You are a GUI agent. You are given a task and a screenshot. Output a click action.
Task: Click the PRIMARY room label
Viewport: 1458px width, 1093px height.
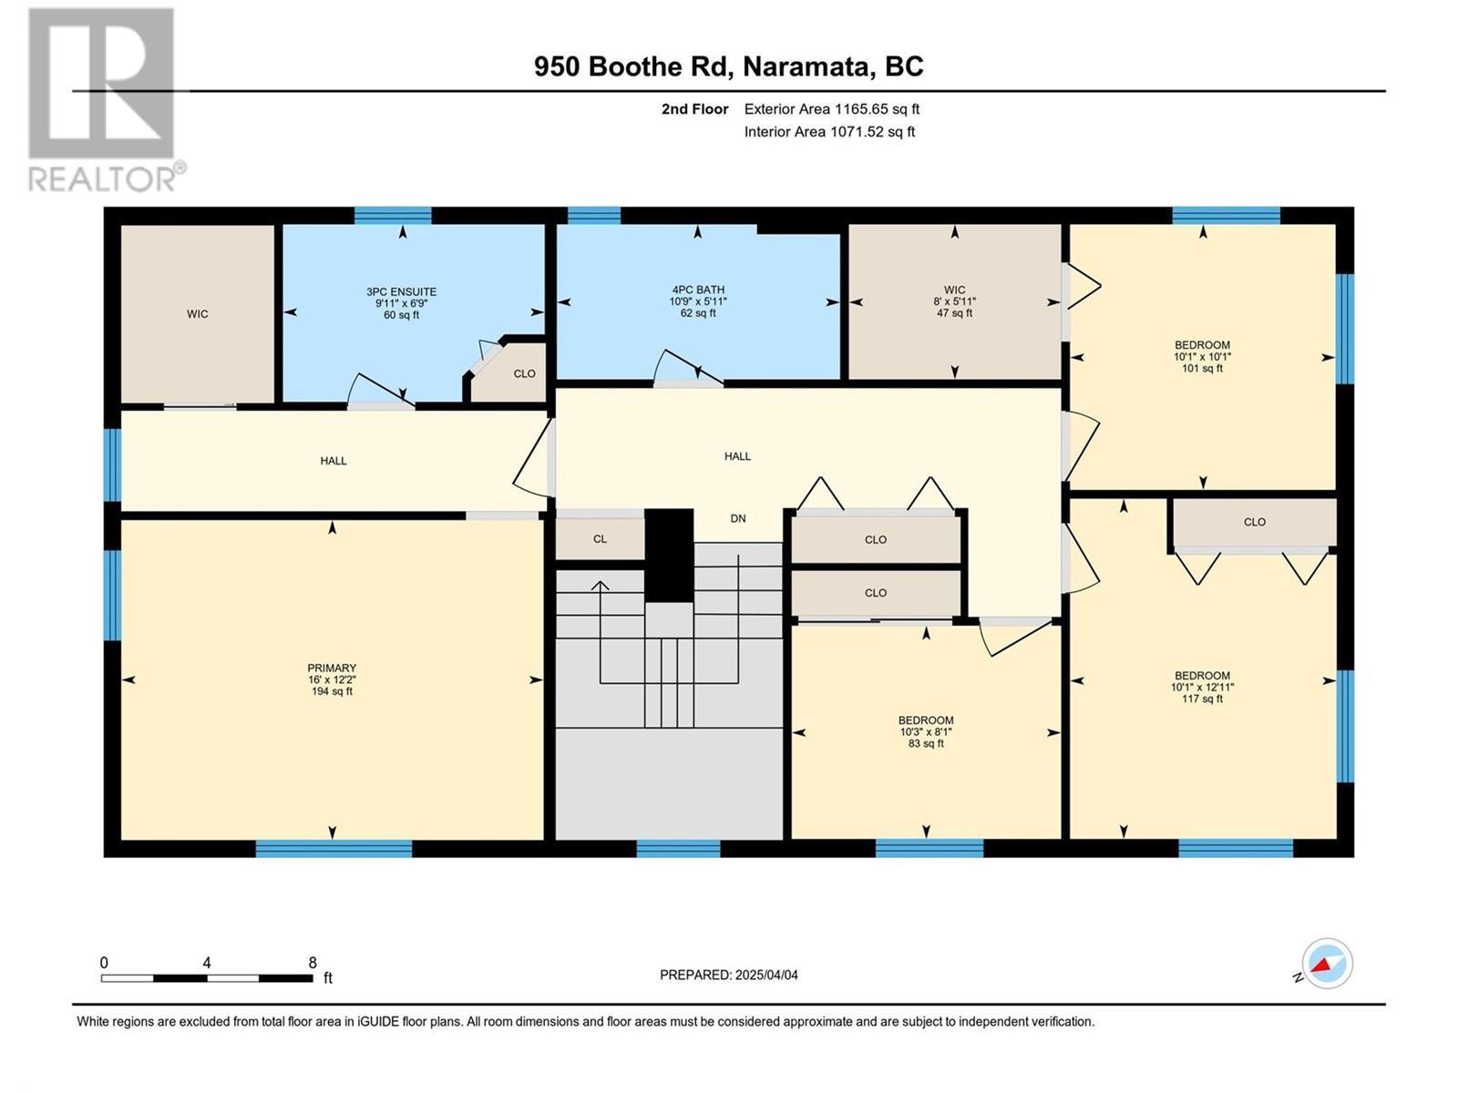coord(331,679)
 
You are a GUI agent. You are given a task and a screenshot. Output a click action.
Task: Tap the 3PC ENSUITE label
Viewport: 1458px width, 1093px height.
coord(401,303)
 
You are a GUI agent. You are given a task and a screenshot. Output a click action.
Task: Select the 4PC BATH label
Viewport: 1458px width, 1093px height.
coord(698,301)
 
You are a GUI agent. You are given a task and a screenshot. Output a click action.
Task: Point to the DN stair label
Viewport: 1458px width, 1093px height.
coord(738,518)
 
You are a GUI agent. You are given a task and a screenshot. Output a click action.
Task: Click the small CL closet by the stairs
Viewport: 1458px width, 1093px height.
coord(600,538)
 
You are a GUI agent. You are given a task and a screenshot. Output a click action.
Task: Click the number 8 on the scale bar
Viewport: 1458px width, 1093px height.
coord(313,963)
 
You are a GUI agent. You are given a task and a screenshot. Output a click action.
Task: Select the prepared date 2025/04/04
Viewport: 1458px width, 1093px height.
coord(765,975)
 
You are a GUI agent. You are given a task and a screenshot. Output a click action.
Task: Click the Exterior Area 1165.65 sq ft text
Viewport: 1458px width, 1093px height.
coord(831,108)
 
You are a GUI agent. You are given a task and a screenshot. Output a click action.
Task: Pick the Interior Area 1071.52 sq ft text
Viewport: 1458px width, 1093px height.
coord(829,131)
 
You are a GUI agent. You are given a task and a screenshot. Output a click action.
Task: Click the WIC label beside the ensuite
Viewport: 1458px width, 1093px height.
coord(198,313)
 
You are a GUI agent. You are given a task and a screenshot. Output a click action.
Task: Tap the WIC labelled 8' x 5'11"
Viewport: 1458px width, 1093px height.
coord(954,301)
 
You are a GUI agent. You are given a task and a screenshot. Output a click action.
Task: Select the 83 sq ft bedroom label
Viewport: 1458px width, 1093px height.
coord(926,731)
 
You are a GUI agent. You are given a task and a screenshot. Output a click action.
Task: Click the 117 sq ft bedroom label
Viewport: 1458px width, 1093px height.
coord(1202,687)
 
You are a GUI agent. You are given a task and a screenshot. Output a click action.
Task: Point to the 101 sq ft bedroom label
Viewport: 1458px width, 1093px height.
coord(1202,356)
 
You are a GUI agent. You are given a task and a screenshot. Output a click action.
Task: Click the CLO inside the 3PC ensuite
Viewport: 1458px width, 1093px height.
coord(524,373)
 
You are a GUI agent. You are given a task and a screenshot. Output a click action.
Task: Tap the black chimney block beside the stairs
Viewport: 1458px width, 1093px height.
coord(669,555)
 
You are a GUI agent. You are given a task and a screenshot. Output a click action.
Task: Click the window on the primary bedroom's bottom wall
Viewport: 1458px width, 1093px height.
coord(334,849)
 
